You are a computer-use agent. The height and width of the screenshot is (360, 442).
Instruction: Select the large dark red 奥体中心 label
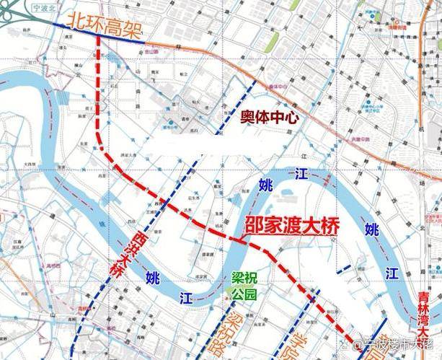pos(269,116)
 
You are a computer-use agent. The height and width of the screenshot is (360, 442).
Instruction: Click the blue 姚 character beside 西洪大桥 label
pos(151,276)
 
